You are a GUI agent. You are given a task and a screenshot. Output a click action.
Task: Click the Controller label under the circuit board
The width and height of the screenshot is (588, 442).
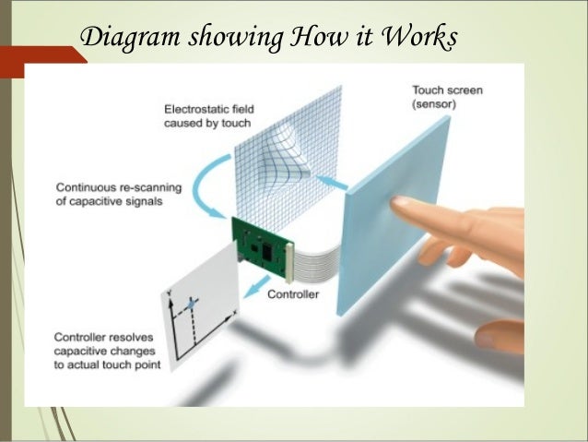point(294,295)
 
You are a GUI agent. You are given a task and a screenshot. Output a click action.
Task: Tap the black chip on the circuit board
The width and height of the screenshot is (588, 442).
point(265,250)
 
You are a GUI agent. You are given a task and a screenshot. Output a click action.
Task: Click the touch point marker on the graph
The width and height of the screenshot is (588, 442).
point(191,303)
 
